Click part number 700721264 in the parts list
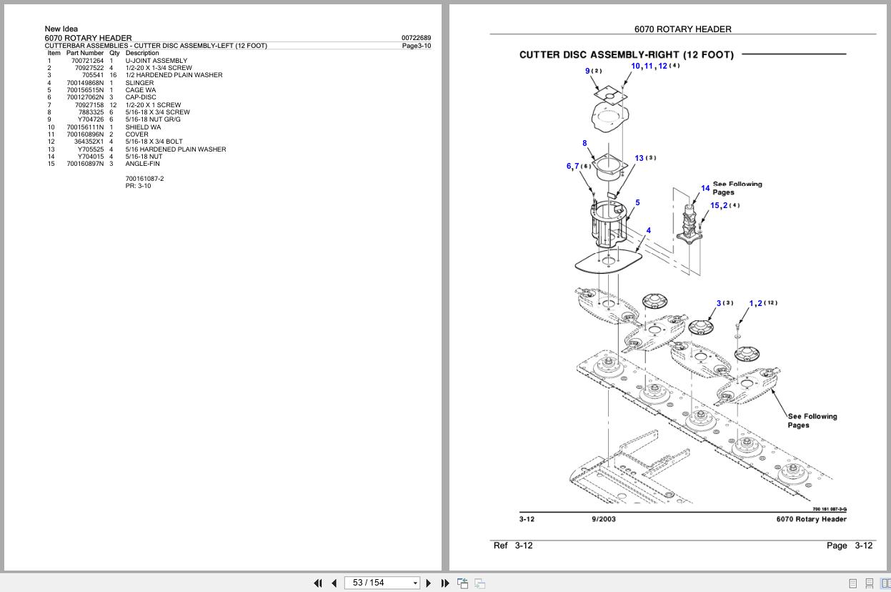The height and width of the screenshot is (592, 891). [87, 61]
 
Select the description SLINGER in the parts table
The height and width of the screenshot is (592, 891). [139, 83]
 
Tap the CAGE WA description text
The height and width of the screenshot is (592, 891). [140, 90]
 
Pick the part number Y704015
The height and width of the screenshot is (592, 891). [91, 157]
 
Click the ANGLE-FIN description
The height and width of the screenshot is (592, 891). [142, 164]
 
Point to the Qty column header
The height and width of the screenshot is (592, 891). [114, 53]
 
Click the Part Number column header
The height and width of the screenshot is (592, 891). [85, 53]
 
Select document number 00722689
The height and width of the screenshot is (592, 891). [416, 38]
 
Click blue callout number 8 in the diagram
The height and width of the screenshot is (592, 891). [584, 143]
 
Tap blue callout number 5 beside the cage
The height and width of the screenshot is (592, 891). [637, 202]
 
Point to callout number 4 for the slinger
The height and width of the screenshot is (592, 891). [648, 230]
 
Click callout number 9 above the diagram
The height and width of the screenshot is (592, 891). [587, 71]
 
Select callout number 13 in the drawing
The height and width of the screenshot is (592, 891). [639, 158]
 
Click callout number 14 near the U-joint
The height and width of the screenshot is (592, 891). [705, 188]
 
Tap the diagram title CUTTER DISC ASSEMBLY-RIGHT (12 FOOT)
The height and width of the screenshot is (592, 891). [626, 54]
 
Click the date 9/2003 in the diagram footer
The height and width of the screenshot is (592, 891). [603, 519]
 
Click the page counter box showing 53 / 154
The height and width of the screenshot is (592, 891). [382, 583]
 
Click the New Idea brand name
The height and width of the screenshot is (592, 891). [61, 29]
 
